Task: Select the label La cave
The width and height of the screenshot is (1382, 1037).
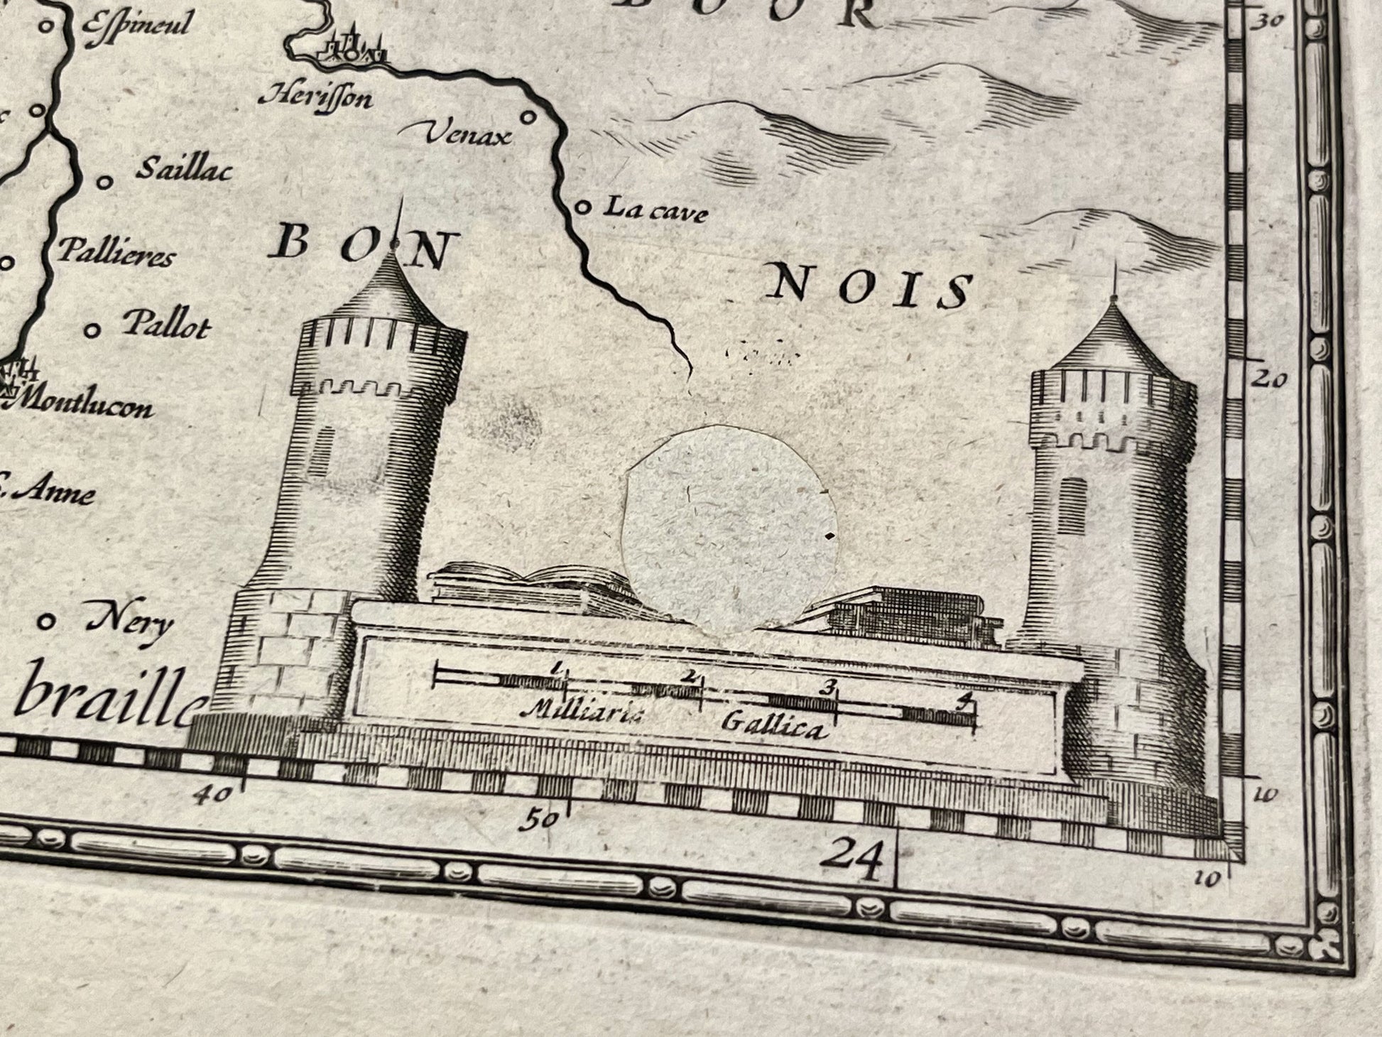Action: click(655, 209)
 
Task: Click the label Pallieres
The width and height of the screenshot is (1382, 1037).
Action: click(115, 252)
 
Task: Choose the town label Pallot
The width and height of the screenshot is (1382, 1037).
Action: click(167, 325)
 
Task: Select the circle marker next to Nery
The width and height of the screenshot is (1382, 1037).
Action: click(47, 622)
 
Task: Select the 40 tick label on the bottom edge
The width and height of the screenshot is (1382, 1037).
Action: click(214, 795)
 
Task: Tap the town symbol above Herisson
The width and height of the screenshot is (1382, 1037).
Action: click(352, 48)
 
